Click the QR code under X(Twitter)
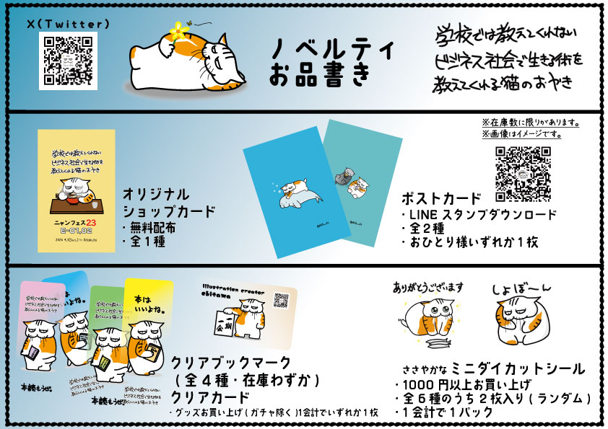tap(67, 60)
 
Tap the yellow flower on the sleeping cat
tap(176, 32)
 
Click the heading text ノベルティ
tap(334, 50)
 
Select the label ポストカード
tap(441, 198)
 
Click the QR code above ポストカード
tap(524, 173)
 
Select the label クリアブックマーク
tap(231, 363)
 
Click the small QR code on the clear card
tap(281, 301)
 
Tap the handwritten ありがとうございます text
tap(429, 286)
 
